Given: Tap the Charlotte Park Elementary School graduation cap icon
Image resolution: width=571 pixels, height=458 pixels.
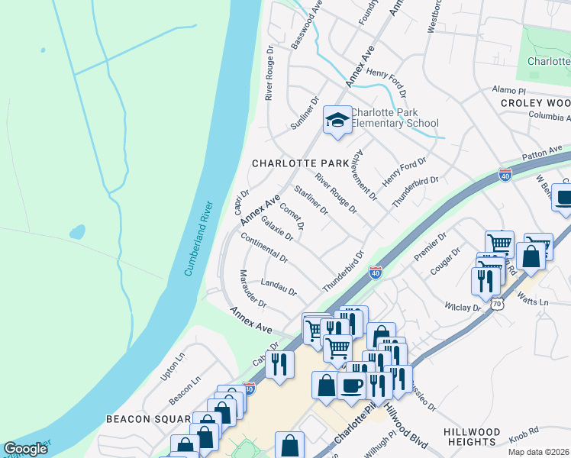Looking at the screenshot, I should [x=337, y=120].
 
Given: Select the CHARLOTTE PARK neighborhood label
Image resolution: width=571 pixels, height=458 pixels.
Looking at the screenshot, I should [x=295, y=163].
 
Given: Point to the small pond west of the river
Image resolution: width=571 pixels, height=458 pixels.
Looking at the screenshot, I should [x=77, y=231].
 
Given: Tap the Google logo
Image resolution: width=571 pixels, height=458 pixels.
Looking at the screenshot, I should [x=25, y=449].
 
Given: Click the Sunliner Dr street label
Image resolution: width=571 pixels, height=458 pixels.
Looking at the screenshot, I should [x=305, y=113].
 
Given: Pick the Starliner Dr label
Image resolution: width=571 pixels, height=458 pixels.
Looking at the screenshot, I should [x=311, y=200].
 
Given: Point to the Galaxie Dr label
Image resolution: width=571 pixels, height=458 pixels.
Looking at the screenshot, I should [x=277, y=228].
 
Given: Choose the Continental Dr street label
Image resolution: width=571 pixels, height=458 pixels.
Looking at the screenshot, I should [x=264, y=247].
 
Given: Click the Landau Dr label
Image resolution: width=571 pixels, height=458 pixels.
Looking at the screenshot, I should [x=278, y=288].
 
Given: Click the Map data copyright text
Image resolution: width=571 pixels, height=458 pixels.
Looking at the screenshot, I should [x=537, y=451].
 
